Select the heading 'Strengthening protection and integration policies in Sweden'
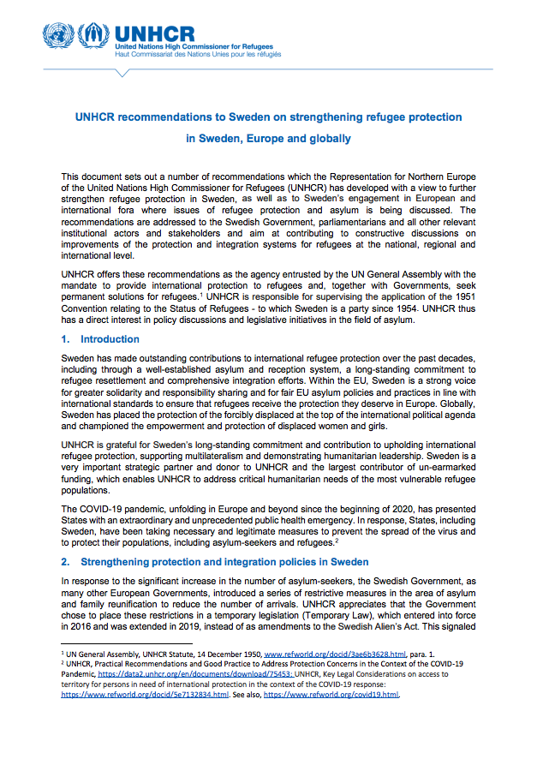tap(224, 562)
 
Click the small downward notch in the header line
tap(122, 73)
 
